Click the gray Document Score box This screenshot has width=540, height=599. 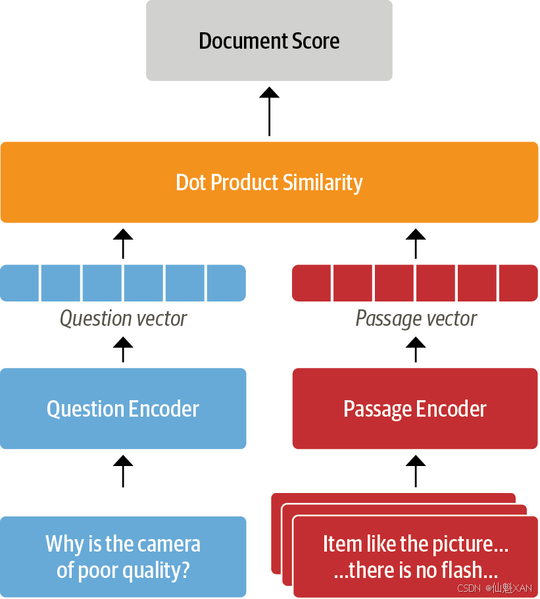click(x=269, y=41)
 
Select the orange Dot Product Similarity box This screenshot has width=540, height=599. click(x=270, y=182)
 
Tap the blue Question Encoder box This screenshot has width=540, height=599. click(x=123, y=408)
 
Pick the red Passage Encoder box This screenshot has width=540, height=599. click(x=415, y=408)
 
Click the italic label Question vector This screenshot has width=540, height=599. click(x=123, y=319)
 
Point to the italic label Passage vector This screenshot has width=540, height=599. click(x=416, y=319)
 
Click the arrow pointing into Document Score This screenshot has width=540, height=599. click(x=270, y=111)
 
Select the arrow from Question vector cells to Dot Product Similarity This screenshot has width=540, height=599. click(x=123, y=244)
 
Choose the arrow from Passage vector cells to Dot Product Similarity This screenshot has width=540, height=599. click(x=416, y=244)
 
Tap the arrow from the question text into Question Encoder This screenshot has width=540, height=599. click(x=123, y=471)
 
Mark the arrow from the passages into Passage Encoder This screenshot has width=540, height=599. click(x=416, y=471)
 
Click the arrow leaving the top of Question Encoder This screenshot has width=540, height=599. click(x=123, y=350)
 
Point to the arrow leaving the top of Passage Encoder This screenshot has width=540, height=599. click(x=416, y=350)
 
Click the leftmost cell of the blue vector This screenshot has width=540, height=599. click(x=20, y=283)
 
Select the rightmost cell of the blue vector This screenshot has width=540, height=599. click(x=226, y=283)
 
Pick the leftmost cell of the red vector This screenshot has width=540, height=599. click(x=311, y=283)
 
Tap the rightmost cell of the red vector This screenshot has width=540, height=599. click(x=519, y=283)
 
